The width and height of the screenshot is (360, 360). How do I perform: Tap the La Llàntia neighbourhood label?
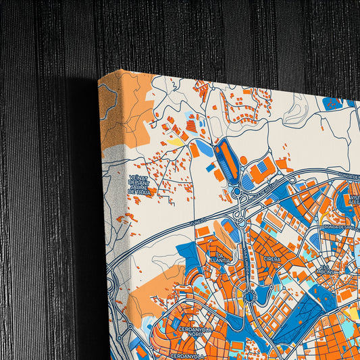coord(221,257)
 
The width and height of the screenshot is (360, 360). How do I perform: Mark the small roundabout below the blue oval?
coord(236,193)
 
